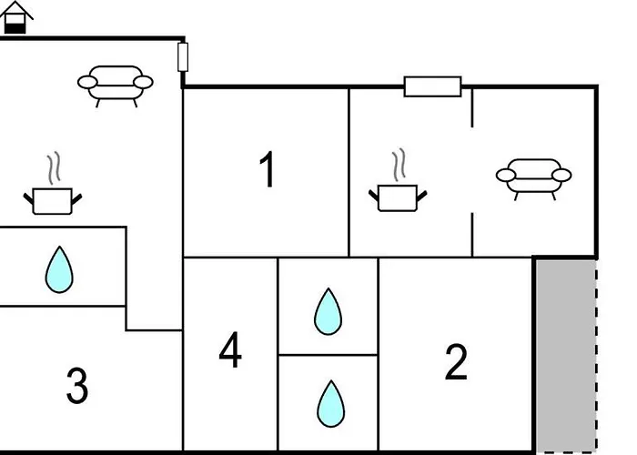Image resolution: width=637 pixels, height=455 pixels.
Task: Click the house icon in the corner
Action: tap(16, 17)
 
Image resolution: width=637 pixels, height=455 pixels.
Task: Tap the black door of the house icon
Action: tap(15, 28)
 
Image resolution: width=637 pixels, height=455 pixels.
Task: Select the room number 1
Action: tap(268, 169)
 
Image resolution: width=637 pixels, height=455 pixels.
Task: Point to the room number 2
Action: tap(456, 362)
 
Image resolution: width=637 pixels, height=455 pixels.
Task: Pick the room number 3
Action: tap(77, 386)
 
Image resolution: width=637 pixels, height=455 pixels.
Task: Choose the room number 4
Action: tap(230, 349)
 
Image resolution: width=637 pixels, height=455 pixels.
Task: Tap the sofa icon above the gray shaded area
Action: tap(533, 179)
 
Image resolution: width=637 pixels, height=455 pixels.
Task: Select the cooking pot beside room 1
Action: tap(398, 197)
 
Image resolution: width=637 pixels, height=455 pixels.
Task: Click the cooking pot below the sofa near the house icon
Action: tap(53, 201)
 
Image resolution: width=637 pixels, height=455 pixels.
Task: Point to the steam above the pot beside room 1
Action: tap(399, 165)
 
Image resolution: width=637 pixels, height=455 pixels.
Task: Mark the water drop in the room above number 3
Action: tap(59, 269)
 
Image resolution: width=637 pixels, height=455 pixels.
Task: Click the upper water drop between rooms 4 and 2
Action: tap(328, 311)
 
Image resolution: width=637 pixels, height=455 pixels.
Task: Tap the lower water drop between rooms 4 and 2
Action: tap(330, 404)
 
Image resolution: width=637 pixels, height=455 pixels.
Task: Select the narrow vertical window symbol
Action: tap(183, 56)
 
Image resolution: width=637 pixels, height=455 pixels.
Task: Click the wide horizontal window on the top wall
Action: tap(432, 86)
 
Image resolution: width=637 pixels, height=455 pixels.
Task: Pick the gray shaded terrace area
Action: tap(566, 356)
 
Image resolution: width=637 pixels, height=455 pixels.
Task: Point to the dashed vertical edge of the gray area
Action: tap(596, 356)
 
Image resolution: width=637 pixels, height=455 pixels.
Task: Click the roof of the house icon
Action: tap(16, 10)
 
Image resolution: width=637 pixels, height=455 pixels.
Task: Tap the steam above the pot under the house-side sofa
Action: tap(54, 167)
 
